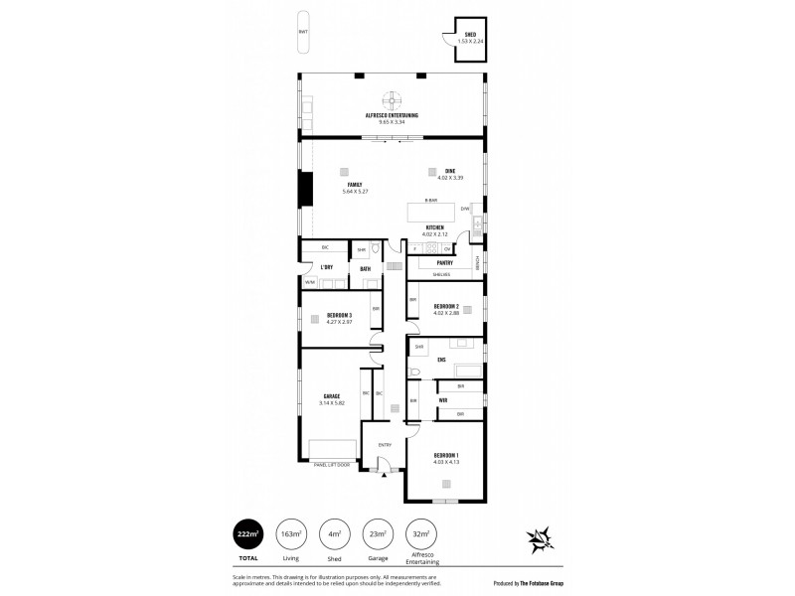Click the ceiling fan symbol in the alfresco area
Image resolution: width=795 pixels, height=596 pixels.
click(x=394, y=100)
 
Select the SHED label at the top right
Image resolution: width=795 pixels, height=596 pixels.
click(x=470, y=35)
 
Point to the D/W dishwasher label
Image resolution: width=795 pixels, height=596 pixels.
click(x=464, y=209)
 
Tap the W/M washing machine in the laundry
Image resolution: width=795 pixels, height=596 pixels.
click(x=309, y=282)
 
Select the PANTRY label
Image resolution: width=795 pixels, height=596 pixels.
click(x=444, y=263)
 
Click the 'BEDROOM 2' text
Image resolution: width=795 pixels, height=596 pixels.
click(x=444, y=306)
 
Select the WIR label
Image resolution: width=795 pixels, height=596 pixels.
click(x=442, y=400)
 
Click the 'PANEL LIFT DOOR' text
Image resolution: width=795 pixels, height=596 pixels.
click(x=331, y=464)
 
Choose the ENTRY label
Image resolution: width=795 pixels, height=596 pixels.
click(x=385, y=445)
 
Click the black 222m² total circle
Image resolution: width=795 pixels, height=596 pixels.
click(x=248, y=535)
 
